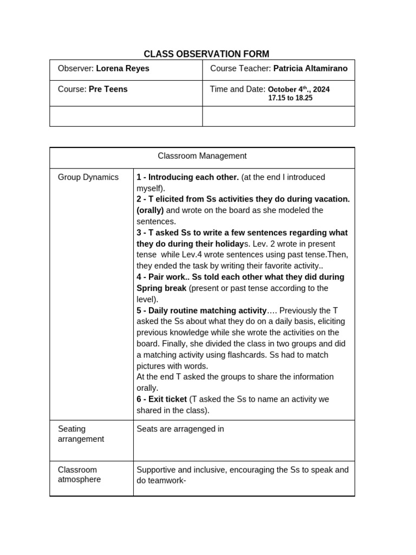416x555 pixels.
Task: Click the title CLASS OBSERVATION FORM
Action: [206, 54]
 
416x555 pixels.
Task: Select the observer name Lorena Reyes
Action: [122, 69]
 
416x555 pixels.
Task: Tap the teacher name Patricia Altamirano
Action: [310, 69]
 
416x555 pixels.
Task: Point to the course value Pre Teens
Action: [108, 89]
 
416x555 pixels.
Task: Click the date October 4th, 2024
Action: [298, 89]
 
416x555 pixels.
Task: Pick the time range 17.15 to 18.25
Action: [290, 99]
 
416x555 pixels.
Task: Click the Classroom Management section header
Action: [202, 156]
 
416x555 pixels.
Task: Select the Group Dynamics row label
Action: [88, 177]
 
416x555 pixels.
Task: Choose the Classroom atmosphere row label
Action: [79, 474]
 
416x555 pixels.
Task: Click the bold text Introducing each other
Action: [193, 177]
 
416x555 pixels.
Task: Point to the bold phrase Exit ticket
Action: [167, 399]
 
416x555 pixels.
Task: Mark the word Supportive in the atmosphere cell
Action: [157, 470]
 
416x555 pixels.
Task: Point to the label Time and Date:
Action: [237, 89]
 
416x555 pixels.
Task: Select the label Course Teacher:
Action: [240, 69]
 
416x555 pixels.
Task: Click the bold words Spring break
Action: [161, 288]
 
